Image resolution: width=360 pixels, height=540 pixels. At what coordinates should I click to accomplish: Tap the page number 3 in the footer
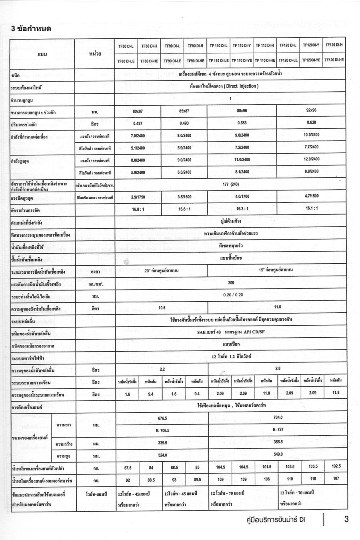point(346,519)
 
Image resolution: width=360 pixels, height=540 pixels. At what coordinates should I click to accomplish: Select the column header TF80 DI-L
point(126,46)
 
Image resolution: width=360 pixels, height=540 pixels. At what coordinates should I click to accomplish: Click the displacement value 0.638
point(311,122)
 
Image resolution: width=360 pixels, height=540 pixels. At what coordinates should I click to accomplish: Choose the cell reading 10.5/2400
point(311,135)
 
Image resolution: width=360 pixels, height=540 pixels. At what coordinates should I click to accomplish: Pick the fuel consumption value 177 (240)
point(230,184)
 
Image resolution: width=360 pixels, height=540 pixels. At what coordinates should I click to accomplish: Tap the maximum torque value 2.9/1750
point(138,197)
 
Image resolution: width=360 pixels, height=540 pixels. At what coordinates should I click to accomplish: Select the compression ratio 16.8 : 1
point(138,209)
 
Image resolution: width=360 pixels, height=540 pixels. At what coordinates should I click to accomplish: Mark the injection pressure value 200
point(231,282)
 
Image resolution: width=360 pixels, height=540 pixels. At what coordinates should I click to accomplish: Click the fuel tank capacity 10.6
point(162,308)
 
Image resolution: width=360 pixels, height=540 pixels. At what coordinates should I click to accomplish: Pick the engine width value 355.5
point(278,442)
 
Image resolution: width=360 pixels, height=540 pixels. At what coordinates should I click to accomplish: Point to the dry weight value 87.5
point(128,467)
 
